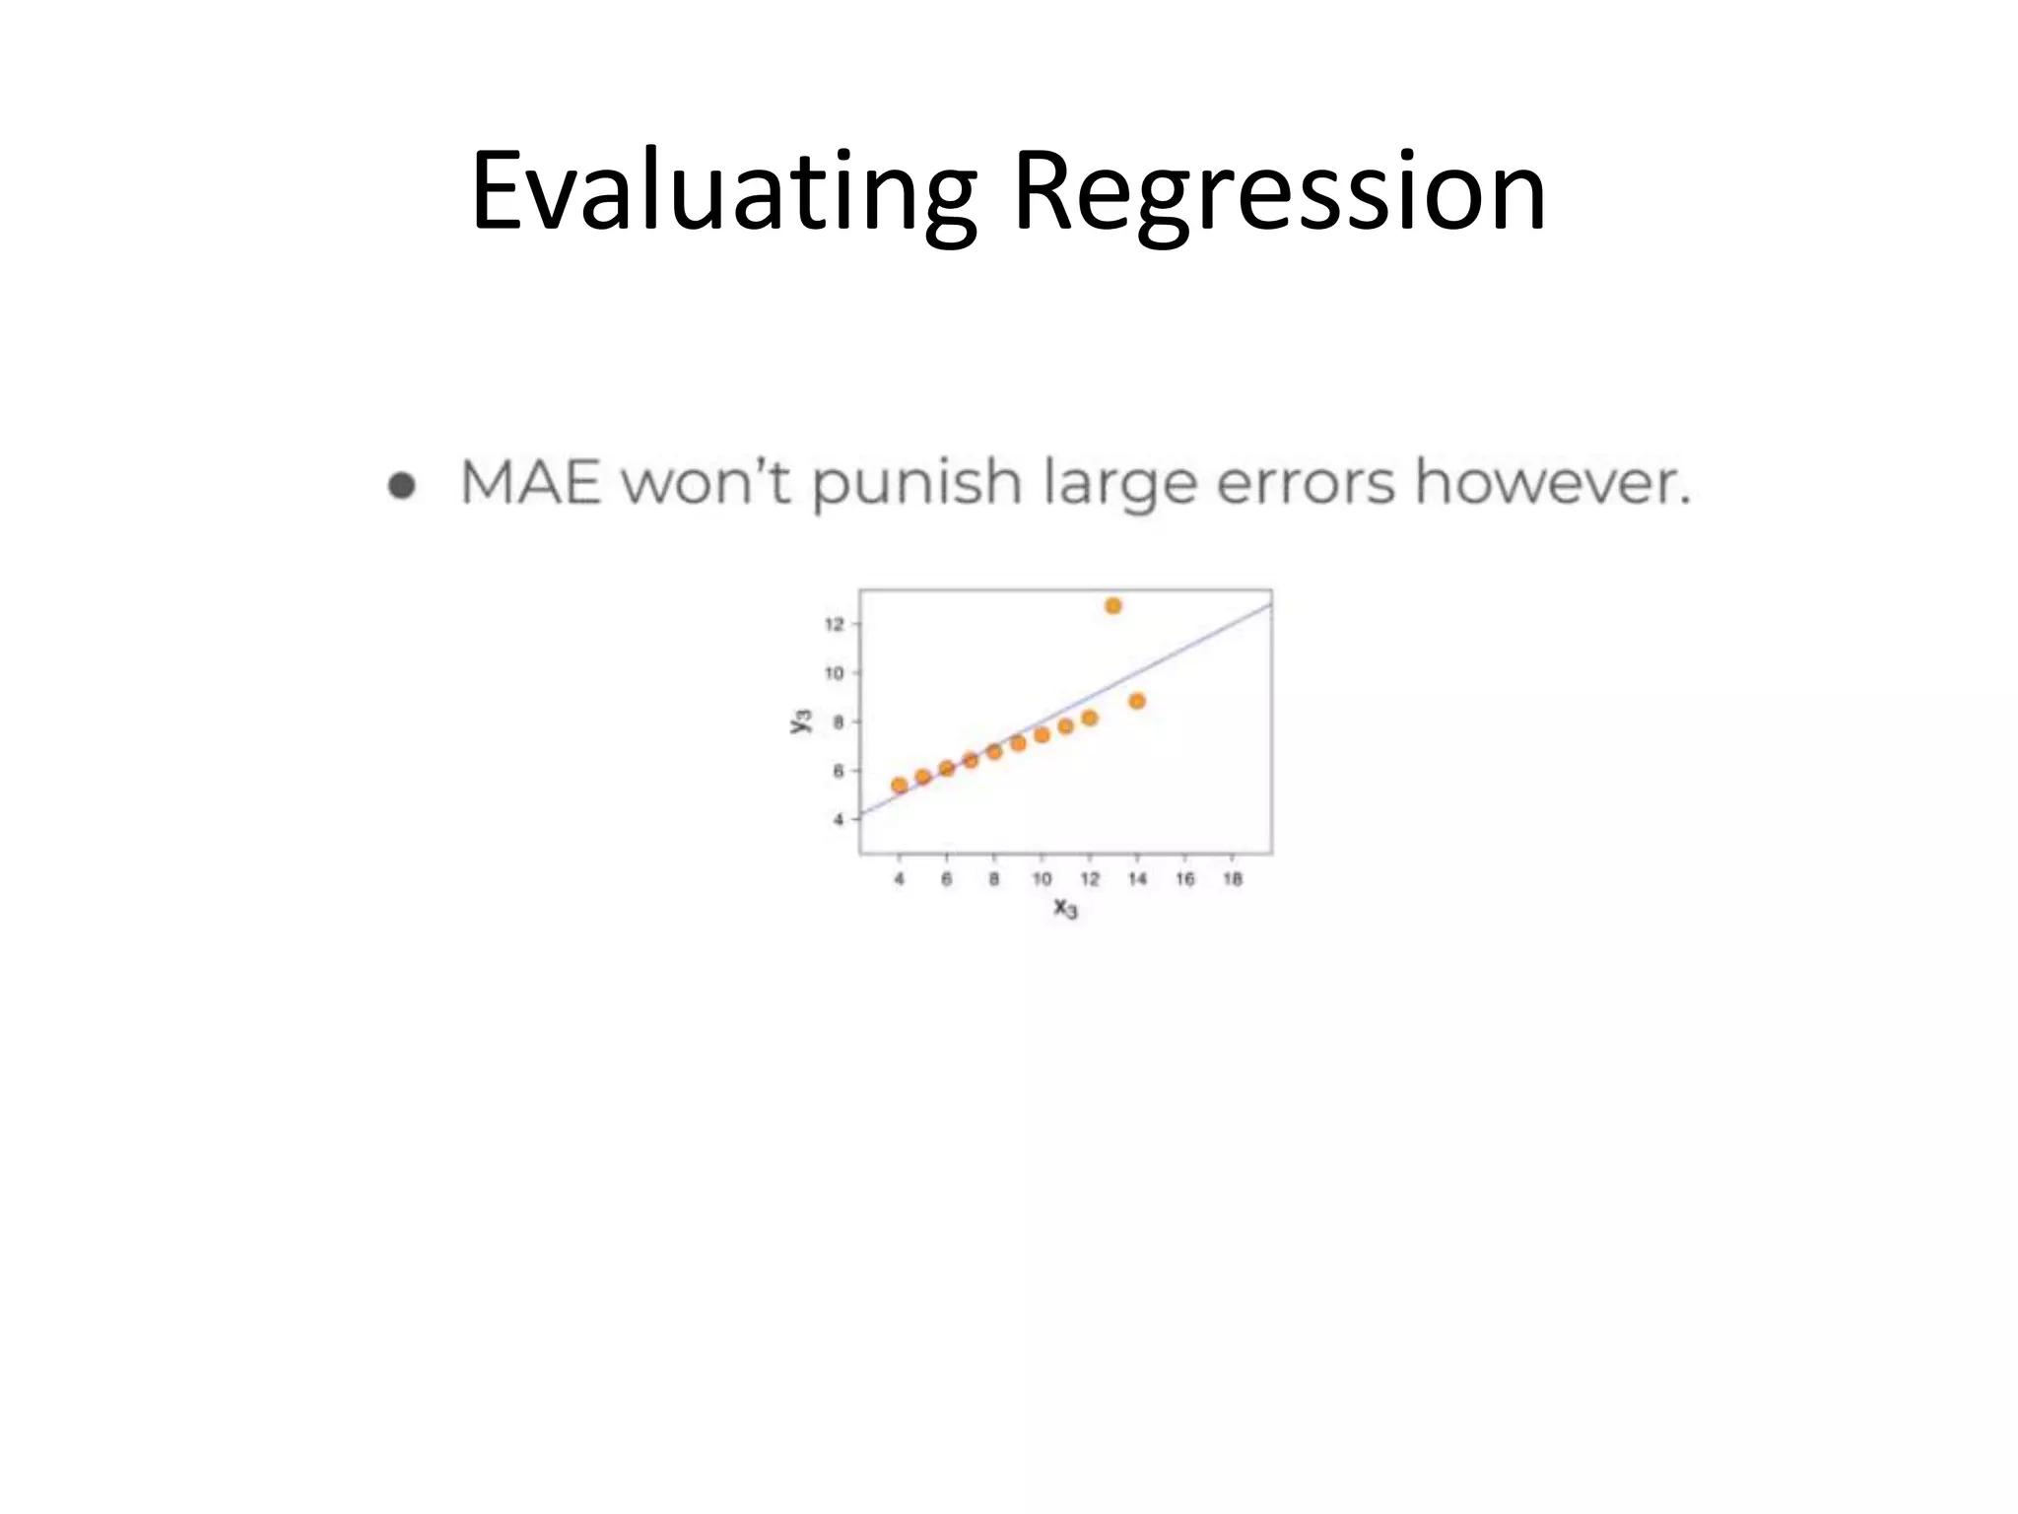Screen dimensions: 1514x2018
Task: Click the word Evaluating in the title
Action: (724, 192)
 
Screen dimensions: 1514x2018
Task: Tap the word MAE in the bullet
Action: (530, 483)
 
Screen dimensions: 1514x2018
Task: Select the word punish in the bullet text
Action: (916, 485)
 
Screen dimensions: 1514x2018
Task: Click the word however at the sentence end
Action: (1552, 483)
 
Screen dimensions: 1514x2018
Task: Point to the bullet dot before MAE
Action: (401, 485)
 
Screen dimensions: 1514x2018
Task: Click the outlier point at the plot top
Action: (1112, 606)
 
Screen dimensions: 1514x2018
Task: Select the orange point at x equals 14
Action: (1136, 701)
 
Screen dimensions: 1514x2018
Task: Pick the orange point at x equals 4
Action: (899, 786)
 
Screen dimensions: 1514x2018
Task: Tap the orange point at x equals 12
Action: (1089, 718)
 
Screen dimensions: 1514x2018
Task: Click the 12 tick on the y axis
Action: (834, 624)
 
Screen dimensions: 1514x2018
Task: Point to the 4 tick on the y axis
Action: (839, 819)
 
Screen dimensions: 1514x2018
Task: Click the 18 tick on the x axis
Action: (1232, 879)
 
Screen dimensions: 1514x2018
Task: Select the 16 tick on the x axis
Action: (1184, 879)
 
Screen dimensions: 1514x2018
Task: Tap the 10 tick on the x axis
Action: (1042, 879)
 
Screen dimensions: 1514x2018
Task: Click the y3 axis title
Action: (801, 721)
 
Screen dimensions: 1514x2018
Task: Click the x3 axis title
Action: (1065, 908)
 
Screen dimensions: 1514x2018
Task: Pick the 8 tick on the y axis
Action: (839, 722)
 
